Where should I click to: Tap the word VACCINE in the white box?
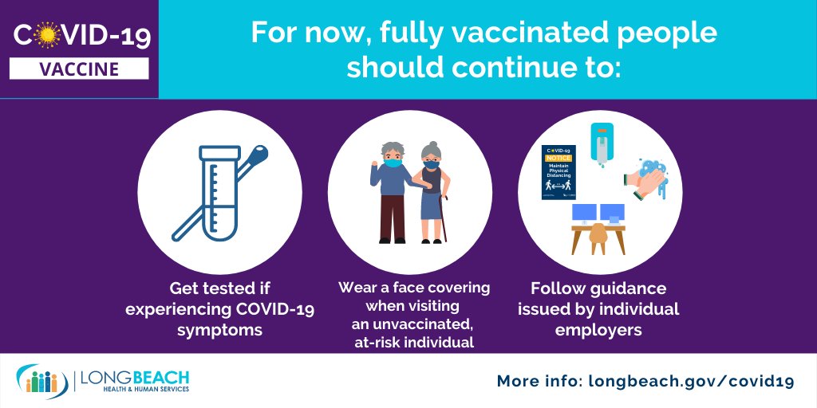click(x=79, y=69)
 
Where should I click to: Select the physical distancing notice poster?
click(x=558, y=172)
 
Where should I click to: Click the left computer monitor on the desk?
click(x=585, y=213)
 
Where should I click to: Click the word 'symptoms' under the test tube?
click(x=219, y=330)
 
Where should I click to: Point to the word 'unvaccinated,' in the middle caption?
click(x=414, y=324)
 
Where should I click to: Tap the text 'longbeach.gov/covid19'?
click(x=691, y=382)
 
